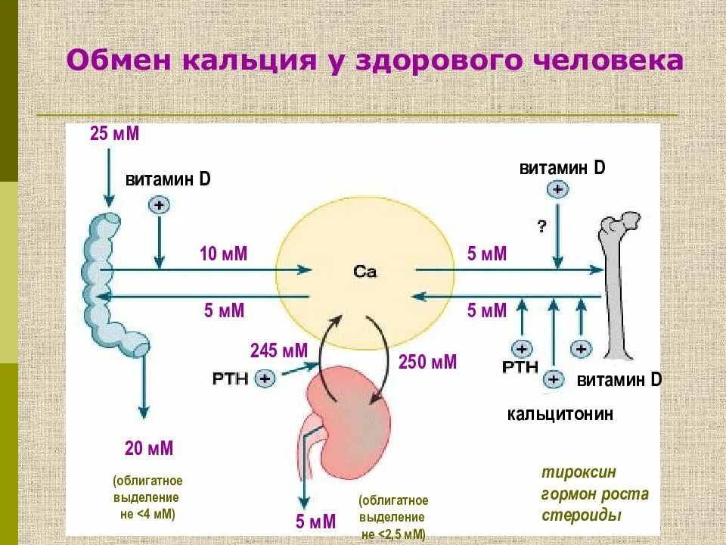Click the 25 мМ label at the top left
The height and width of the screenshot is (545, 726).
(x=115, y=135)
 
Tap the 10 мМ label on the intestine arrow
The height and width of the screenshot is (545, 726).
(x=223, y=254)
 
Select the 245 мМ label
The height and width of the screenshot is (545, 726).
(x=279, y=350)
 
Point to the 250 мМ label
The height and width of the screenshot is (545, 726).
(x=427, y=362)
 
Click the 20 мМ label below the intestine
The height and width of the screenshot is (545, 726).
(x=149, y=448)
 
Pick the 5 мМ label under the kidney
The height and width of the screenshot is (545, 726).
(x=315, y=522)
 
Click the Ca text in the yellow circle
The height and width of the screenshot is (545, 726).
(x=365, y=271)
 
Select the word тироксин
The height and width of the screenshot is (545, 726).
(x=579, y=472)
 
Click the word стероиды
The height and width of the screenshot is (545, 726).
(x=582, y=515)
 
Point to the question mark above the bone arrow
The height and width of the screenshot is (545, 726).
(x=542, y=226)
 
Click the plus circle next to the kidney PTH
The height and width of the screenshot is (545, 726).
(x=265, y=378)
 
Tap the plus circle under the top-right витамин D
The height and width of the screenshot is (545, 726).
(x=557, y=189)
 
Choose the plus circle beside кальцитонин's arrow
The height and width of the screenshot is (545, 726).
(x=553, y=378)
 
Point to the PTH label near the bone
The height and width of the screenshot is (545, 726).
(x=520, y=367)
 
